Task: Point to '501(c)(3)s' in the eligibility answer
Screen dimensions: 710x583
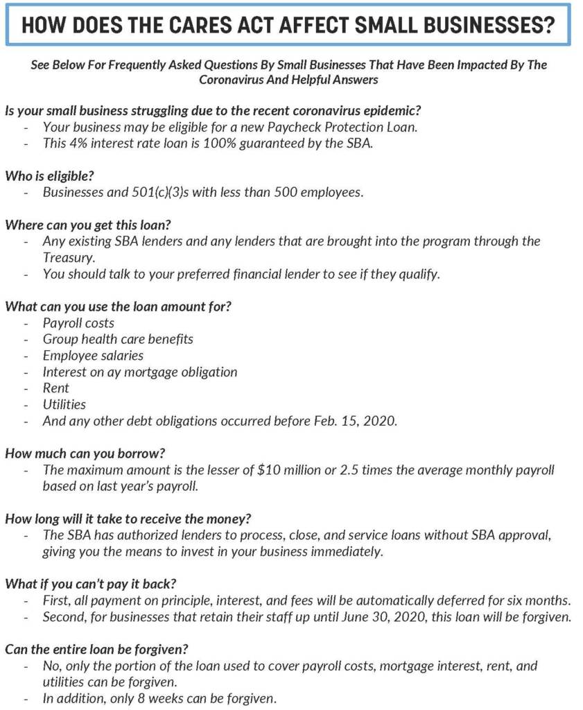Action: [x=160, y=192]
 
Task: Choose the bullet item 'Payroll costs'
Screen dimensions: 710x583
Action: [x=78, y=322]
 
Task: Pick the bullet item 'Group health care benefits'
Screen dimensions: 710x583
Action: [x=118, y=339]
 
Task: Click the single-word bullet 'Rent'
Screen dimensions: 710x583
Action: [x=56, y=388]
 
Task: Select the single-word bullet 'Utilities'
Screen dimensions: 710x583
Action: [x=64, y=404]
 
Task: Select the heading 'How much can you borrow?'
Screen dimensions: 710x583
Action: [x=85, y=453]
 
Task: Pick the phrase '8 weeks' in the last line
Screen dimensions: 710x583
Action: [x=161, y=698]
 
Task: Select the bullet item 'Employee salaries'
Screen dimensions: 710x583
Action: [x=93, y=355]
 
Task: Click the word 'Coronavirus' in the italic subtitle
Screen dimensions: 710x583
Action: [x=232, y=80]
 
